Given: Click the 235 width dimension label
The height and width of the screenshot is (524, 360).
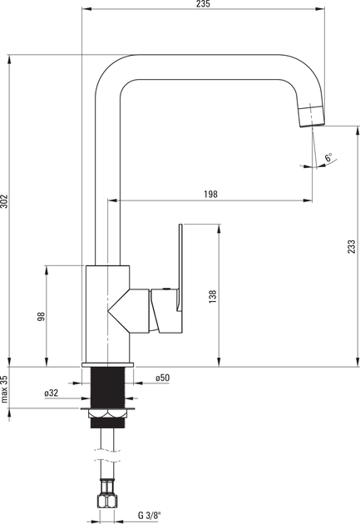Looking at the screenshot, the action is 203,3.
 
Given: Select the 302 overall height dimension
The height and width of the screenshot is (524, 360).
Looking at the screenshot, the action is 3,200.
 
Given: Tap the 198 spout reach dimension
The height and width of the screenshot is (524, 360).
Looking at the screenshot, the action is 210,194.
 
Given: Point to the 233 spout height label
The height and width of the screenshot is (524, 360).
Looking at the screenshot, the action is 352,247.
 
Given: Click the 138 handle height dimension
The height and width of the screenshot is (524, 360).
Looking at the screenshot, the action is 213,297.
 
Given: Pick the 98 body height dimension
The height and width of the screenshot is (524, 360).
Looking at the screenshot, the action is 41,316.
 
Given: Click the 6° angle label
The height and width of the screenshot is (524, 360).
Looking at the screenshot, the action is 329,157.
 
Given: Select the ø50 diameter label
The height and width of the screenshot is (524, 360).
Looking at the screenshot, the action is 163,378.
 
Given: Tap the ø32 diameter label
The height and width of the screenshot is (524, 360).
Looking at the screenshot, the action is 51,393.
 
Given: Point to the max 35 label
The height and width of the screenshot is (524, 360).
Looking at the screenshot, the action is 3,389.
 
